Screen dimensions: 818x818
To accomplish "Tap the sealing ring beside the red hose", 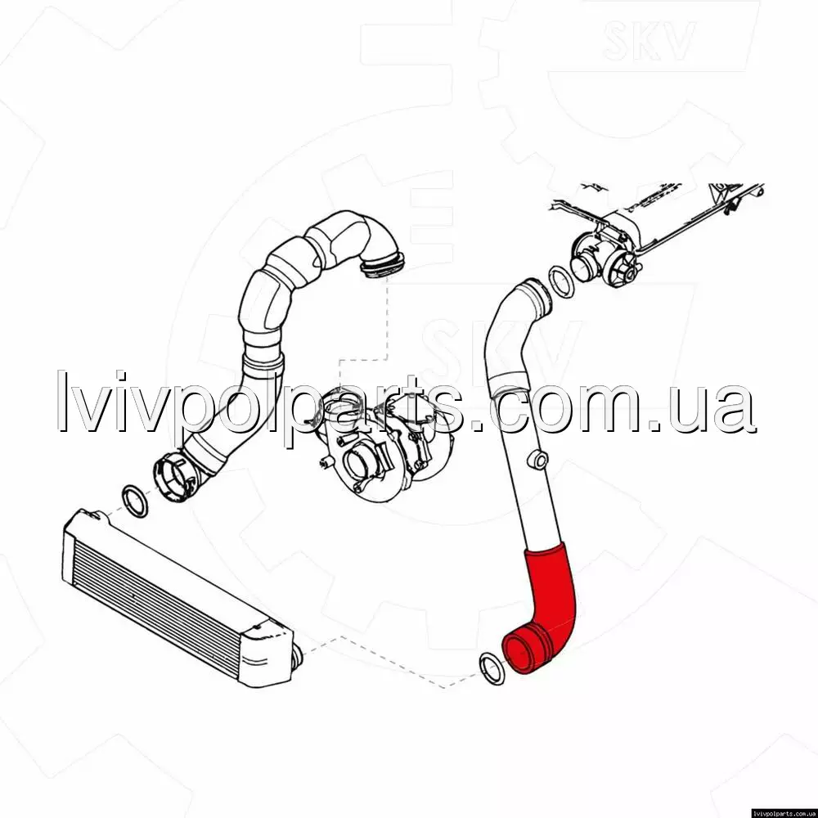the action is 492,668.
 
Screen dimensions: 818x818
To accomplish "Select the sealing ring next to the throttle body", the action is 561,281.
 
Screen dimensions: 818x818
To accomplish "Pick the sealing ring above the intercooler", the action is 135,501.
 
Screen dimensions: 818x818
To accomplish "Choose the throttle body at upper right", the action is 605,255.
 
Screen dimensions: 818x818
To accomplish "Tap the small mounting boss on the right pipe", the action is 538,460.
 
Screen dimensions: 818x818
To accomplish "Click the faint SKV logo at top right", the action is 649,39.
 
